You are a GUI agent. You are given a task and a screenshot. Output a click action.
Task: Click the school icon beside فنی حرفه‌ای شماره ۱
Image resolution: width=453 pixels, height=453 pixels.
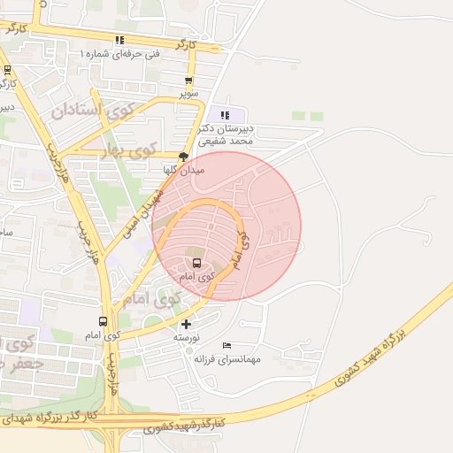[119, 40]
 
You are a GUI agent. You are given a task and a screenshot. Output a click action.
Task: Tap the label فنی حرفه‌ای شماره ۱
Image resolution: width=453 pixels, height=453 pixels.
[121, 54]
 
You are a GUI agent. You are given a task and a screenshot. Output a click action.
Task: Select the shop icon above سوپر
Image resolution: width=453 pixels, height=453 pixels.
[188, 80]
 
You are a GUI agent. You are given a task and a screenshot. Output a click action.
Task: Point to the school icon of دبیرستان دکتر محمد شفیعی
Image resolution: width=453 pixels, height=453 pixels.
[224, 115]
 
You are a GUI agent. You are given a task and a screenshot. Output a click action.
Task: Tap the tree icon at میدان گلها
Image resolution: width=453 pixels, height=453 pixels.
[183, 156]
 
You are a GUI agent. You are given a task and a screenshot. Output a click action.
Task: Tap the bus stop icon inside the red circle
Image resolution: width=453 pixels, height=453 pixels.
[196, 263]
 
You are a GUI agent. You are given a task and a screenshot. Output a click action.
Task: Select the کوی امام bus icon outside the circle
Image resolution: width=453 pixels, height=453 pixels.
[104, 322]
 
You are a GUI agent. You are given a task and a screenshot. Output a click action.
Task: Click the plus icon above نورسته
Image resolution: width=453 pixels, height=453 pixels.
[185, 325]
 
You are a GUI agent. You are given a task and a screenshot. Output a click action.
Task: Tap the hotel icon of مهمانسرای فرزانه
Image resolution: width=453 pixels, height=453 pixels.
[226, 345]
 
